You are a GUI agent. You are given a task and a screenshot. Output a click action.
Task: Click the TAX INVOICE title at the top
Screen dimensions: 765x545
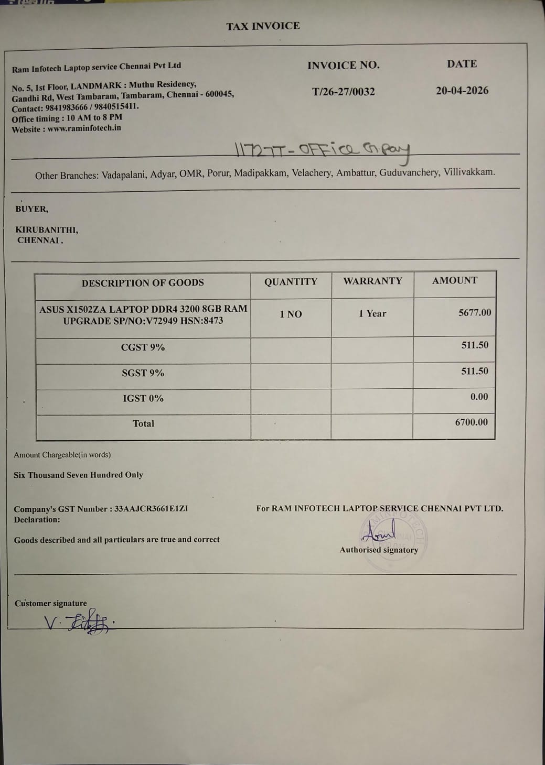coord(263,26)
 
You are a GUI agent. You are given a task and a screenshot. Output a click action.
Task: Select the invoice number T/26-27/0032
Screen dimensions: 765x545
coord(344,92)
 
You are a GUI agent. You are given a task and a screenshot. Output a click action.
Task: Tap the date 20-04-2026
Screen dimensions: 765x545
coord(462,91)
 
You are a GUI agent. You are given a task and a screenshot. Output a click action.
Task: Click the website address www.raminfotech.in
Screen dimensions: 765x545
coord(84,128)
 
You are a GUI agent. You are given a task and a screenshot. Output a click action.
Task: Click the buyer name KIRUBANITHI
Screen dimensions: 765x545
coord(46,229)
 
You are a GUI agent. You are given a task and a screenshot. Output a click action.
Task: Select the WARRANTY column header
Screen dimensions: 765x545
coord(372,281)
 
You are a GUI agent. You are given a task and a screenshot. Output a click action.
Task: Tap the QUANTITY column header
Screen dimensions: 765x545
coord(291,282)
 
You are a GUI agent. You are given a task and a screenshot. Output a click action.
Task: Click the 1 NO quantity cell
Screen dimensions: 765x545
coord(291,314)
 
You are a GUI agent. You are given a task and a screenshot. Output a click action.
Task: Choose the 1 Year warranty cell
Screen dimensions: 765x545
coord(372,313)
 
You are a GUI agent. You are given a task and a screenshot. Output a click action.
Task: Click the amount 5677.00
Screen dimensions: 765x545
coord(475,313)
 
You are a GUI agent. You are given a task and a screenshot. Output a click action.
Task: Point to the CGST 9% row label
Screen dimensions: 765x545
coord(143,347)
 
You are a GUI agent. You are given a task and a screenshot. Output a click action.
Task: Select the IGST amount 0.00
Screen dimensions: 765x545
coord(479,397)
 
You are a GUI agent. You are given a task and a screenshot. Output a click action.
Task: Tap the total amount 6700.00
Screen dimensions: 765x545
coord(471,422)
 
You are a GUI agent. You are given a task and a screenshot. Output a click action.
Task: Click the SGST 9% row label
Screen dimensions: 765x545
coord(143,373)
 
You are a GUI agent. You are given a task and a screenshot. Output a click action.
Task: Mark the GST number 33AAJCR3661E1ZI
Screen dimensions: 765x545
coord(151,508)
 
